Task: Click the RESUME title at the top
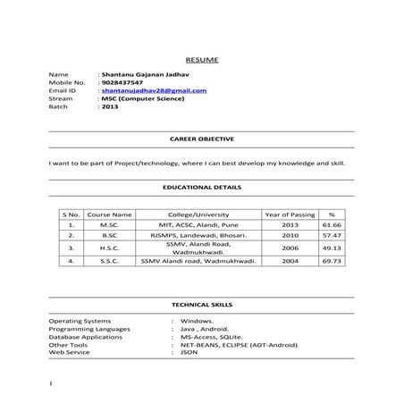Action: (201, 59)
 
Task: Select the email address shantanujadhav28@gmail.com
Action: (155, 90)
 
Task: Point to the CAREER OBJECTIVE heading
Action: (201, 140)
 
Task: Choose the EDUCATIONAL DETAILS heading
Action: (201, 189)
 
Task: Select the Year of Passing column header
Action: (290, 215)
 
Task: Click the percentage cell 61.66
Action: (332, 226)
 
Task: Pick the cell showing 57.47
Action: (332, 237)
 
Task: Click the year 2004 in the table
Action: (290, 261)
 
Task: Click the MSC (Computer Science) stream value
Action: (143, 98)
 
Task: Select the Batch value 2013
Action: (110, 106)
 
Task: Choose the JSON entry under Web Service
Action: (189, 351)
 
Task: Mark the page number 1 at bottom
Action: (53, 384)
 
